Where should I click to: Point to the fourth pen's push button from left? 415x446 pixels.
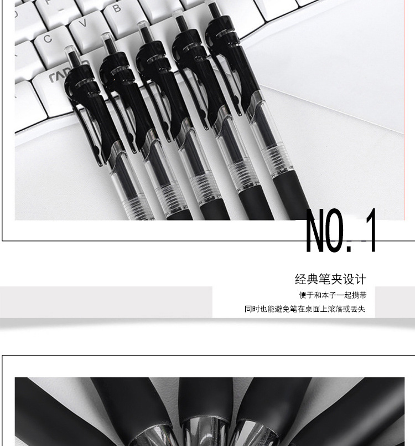(179, 20)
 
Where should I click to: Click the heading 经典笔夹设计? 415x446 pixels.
(331, 279)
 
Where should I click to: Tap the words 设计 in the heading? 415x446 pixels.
(355, 279)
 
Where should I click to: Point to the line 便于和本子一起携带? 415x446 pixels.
(333, 295)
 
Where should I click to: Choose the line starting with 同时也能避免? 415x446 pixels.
(305, 309)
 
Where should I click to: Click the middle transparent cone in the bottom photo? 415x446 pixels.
(204, 432)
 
